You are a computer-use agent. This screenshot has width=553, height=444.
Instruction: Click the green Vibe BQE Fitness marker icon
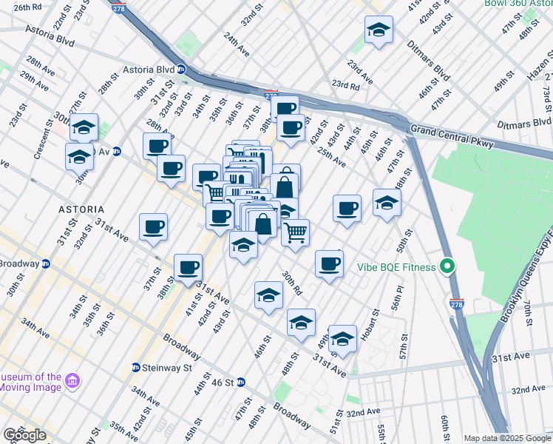point(447,266)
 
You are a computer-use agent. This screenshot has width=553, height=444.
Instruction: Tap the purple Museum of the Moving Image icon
point(72,381)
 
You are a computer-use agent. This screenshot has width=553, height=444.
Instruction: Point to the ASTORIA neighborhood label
point(81,209)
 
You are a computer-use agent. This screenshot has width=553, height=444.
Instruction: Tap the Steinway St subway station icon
point(135,367)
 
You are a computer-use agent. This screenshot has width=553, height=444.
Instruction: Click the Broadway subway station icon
point(45,263)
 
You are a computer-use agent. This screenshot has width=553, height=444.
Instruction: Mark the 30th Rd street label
point(291,283)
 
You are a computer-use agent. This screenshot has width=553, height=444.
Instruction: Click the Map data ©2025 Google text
point(507,438)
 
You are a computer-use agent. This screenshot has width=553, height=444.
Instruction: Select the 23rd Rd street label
point(345,85)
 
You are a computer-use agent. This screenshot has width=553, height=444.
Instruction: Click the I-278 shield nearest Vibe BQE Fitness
point(456,303)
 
